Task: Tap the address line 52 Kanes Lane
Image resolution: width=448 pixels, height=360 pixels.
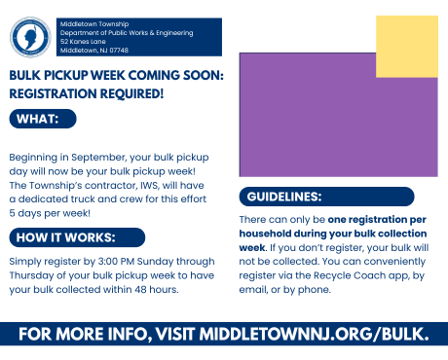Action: click(x=85, y=42)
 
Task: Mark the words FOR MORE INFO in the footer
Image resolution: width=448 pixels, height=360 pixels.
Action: click(x=80, y=334)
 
